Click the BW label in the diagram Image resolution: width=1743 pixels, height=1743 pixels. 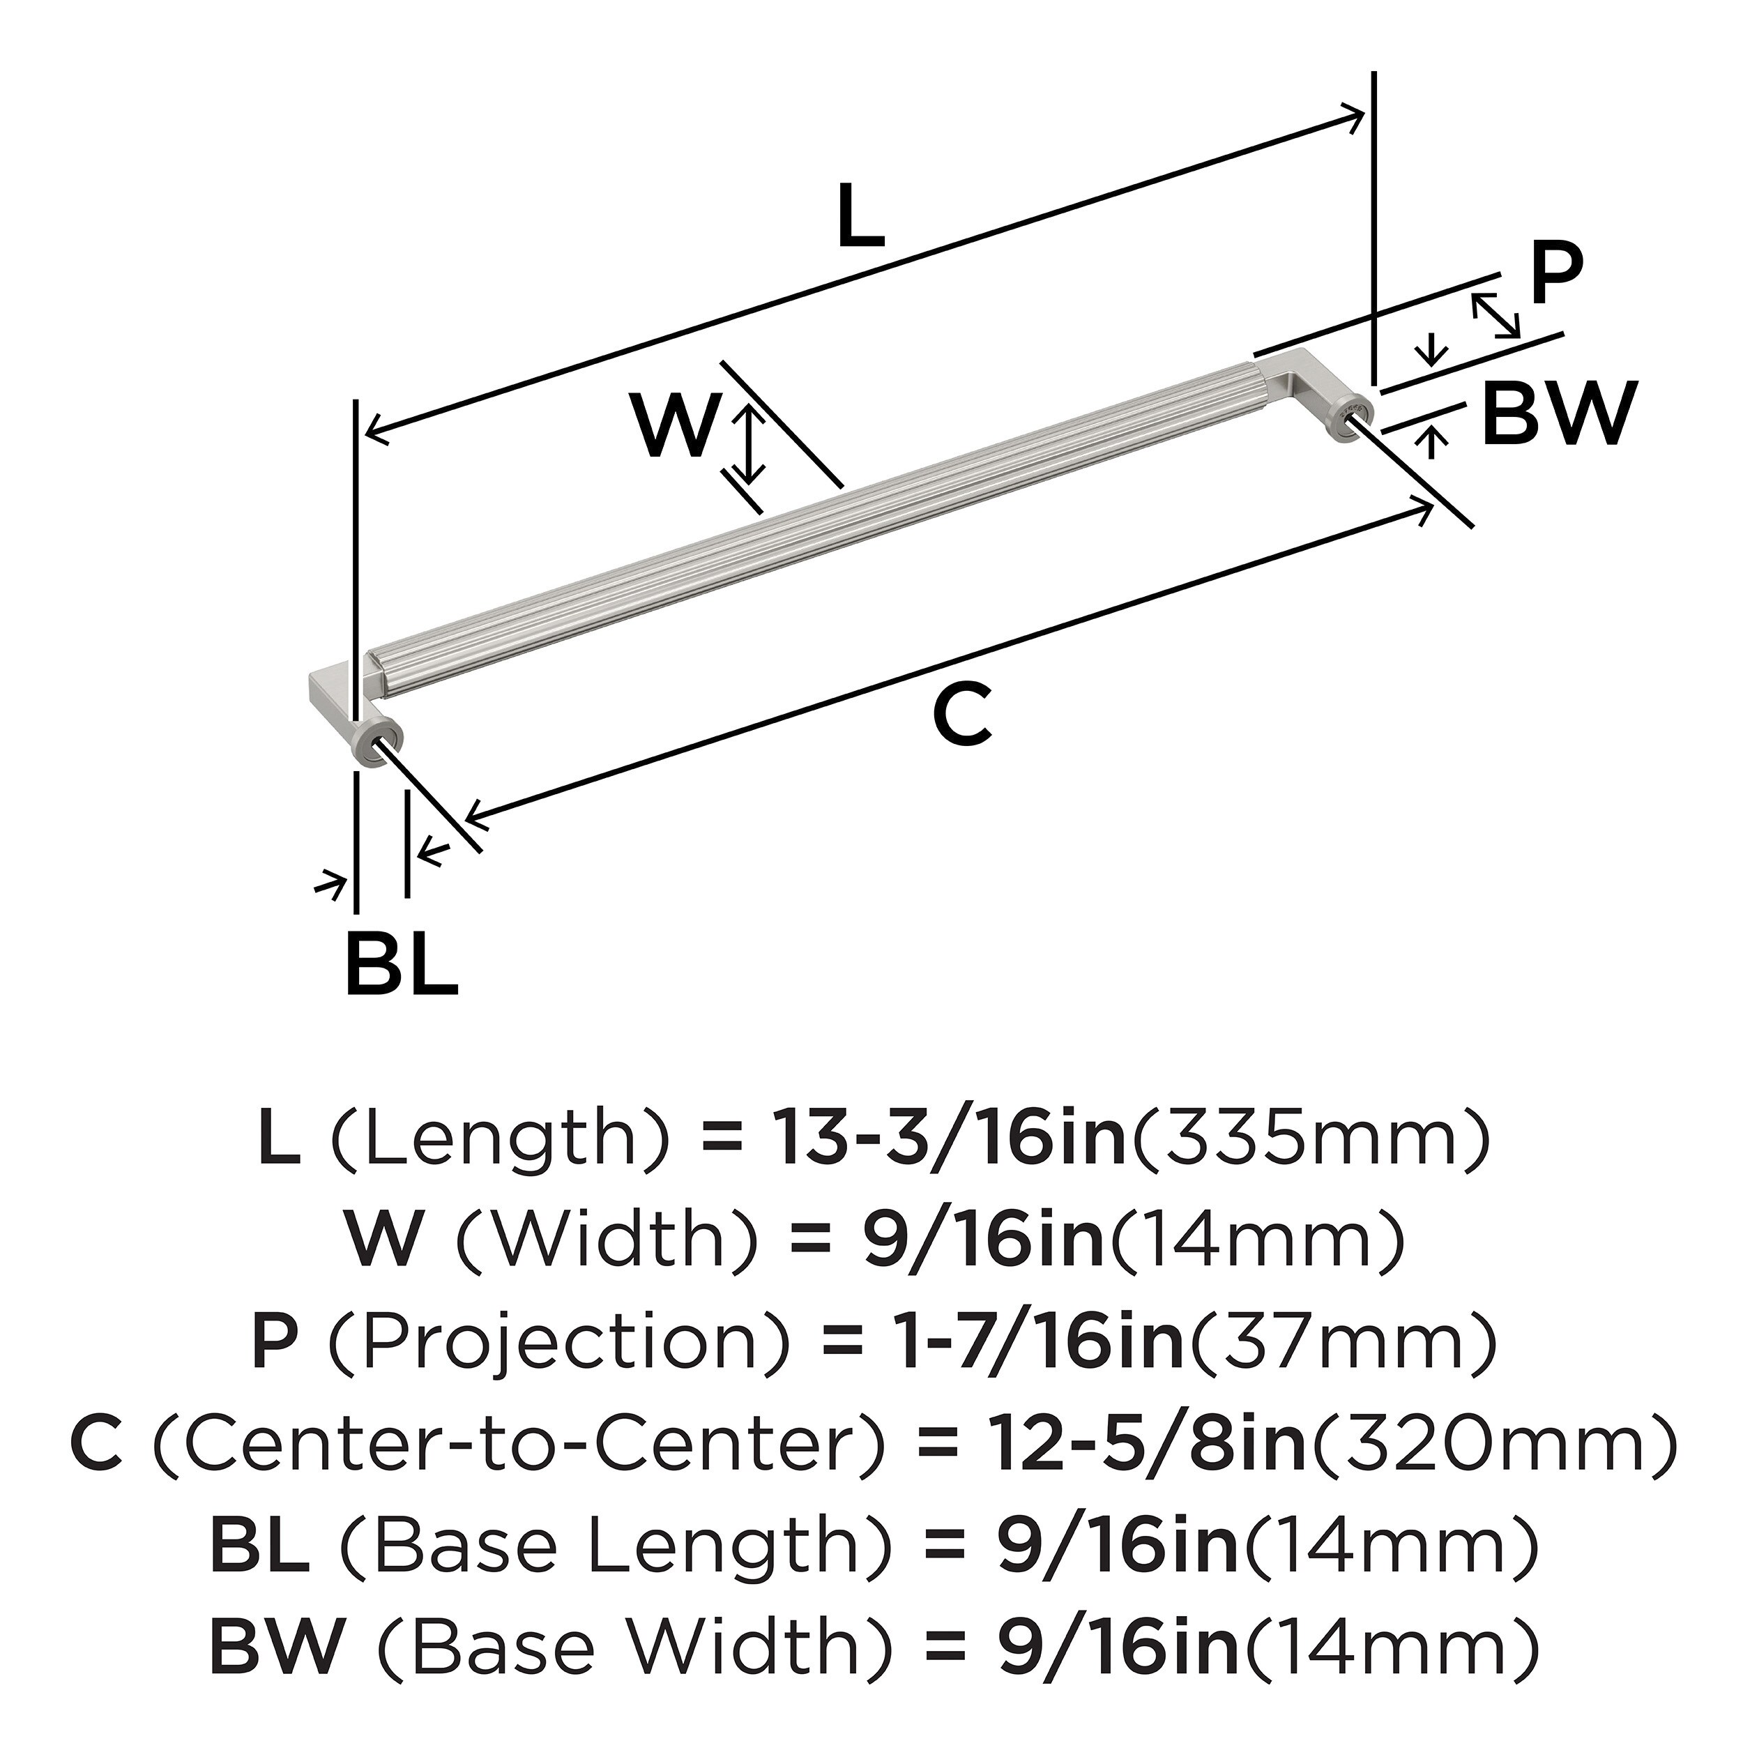tap(1559, 414)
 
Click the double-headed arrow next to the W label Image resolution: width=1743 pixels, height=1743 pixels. tap(748, 442)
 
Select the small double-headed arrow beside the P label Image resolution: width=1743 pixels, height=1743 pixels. tap(1495, 315)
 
